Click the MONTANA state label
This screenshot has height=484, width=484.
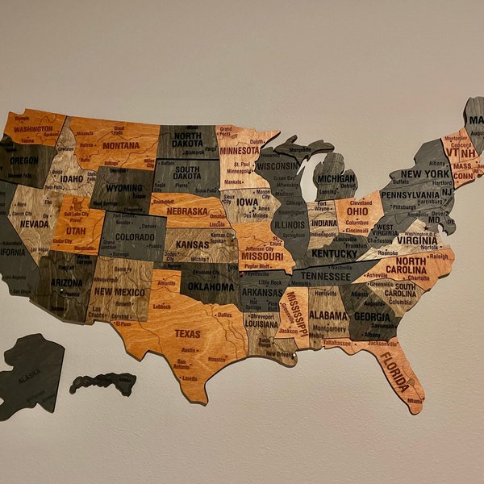[x=120, y=145]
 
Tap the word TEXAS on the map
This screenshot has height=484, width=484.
[x=187, y=333]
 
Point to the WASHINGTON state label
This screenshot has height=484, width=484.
[x=33, y=128]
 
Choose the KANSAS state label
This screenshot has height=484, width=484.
[x=193, y=244]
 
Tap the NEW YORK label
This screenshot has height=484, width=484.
[x=424, y=173]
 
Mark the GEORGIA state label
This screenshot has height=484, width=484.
[x=373, y=317]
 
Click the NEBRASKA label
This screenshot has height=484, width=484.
[x=186, y=211]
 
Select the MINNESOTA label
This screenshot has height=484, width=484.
[x=240, y=150]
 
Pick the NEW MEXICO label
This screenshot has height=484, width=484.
[x=119, y=292]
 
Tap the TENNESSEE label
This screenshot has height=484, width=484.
[x=326, y=276]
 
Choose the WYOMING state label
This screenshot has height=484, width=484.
[x=123, y=188]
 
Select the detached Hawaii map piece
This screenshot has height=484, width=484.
[x=103, y=382]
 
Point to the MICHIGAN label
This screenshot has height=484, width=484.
[x=336, y=179]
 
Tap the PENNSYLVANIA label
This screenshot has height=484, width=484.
[x=411, y=194]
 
